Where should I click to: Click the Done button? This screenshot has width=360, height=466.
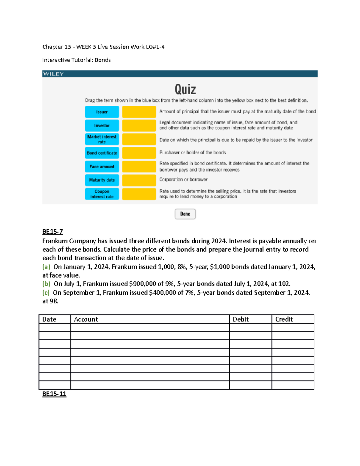coord(185,214)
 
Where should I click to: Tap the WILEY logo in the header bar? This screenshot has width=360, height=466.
coord(53,74)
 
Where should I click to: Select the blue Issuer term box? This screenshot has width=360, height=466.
coord(102,112)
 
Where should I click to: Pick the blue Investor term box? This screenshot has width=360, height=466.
coord(102,125)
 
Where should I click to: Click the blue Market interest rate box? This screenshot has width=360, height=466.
coord(102,139)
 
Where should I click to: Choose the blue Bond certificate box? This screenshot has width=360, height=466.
coord(102,153)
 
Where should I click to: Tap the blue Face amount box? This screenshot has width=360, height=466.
coord(102,167)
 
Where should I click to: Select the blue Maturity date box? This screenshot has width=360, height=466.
coord(102,180)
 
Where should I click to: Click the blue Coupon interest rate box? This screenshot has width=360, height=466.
coord(102,194)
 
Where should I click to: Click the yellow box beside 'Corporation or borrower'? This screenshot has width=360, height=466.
coord(139,180)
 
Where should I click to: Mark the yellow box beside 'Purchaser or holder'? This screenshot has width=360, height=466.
coord(139,153)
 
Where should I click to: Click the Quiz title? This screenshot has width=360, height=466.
coord(185,89)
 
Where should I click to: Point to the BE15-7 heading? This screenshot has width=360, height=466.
coord(52,232)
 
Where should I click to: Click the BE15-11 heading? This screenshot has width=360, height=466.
coord(54,394)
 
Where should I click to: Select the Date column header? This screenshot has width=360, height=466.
coord(49,319)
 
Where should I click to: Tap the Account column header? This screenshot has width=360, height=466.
coord(86,319)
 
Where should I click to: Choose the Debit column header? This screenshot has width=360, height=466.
coord(241,319)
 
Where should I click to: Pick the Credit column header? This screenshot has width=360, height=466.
coord(284,319)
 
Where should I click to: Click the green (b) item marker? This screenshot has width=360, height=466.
coord(46,284)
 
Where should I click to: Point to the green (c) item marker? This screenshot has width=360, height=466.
coord(46,293)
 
